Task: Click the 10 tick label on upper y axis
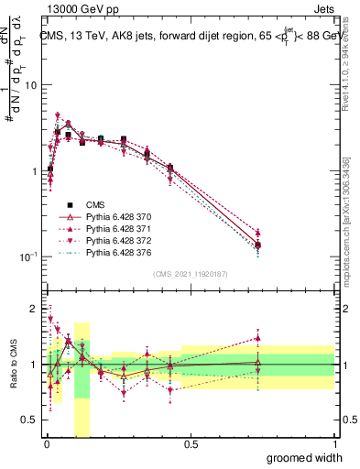tap(29, 85)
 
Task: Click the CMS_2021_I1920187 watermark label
tap(191, 273)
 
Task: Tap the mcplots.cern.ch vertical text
tap(350, 220)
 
